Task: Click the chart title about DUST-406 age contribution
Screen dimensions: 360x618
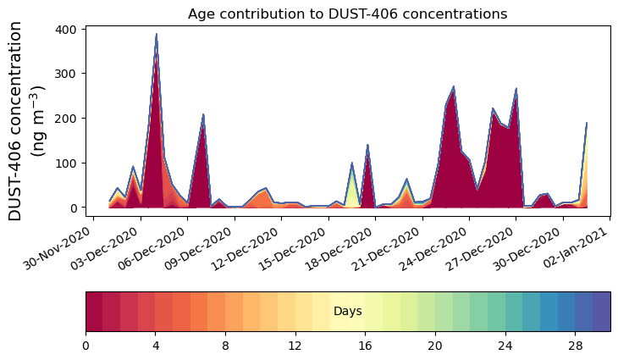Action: [x=347, y=14]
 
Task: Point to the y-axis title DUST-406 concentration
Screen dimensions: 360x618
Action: [x=28, y=120]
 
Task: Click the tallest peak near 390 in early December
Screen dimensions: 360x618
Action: [x=156, y=36]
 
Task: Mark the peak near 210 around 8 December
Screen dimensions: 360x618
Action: [x=203, y=115]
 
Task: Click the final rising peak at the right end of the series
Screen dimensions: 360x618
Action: [x=586, y=125]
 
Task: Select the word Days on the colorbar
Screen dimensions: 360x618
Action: [x=347, y=312]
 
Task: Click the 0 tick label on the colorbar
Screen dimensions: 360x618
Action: [x=86, y=346]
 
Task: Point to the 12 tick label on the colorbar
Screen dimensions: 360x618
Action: [x=295, y=346]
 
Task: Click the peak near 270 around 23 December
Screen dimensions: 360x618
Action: [x=454, y=87]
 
